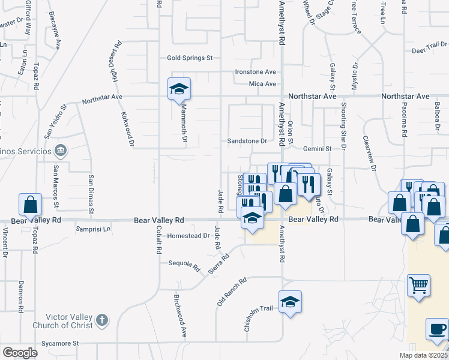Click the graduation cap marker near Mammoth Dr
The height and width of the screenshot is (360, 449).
click(x=179, y=89)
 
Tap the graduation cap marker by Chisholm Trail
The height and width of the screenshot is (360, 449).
click(x=290, y=302)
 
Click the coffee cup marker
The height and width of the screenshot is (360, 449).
click(x=438, y=329)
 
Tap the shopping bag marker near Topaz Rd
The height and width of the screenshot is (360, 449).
click(x=30, y=205)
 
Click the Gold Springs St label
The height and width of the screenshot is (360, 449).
click(x=190, y=58)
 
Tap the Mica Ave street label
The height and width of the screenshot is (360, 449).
click(x=262, y=84)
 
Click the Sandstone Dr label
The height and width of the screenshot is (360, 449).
click(x=247, y=141)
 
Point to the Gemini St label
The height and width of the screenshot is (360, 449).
click(x=318, y=148)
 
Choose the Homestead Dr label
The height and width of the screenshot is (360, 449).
click(x=188, y=236)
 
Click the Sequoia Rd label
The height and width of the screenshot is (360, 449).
click(x=184, y=263)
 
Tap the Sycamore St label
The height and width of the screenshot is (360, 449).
click(x=59, y=344)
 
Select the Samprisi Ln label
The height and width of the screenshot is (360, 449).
click(x=93, y=229)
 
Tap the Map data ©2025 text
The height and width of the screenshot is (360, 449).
click(x=423, y=355)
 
